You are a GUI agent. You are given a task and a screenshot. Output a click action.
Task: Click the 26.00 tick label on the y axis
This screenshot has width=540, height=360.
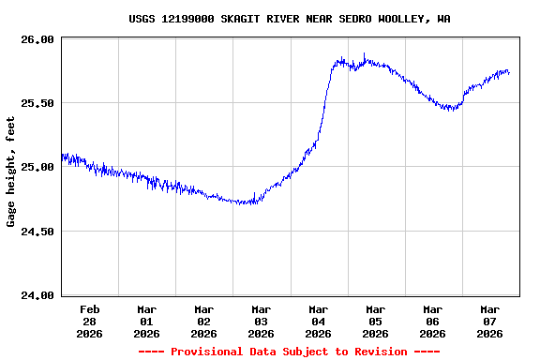click(38, 39)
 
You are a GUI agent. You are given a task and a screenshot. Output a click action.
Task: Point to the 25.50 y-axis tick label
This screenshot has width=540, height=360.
click(38, 103)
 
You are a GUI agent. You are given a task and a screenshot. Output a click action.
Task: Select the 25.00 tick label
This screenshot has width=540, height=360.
click(38, 167)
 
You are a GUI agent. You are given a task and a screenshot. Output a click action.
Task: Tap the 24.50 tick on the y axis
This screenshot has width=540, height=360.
click(38, 232)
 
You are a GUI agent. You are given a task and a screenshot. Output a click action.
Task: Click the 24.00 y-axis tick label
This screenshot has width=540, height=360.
click(38, 295)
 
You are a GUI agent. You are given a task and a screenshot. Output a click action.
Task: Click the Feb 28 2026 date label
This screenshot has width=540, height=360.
click(89, 321)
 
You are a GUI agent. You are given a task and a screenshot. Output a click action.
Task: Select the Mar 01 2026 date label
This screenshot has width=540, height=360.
click(146, 321)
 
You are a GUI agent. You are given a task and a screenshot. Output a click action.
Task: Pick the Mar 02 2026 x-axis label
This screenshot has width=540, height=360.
click(203, 321)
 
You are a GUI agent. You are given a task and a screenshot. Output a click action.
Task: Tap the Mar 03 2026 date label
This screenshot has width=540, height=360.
click(261, 321)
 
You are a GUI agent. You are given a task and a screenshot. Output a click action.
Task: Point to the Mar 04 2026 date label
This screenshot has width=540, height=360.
click(318, 321)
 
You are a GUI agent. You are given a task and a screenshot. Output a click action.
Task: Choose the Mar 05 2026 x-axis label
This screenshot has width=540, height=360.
click(375, 321)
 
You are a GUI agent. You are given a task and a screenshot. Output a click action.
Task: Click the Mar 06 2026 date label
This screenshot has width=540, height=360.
click(432, 321)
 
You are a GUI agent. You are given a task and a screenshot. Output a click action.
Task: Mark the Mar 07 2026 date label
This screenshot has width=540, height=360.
click(489, 321)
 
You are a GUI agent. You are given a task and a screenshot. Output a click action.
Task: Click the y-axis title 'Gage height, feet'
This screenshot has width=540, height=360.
click(11, 172)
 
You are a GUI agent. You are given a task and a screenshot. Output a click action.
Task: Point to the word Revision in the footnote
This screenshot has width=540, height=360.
click(374, 352)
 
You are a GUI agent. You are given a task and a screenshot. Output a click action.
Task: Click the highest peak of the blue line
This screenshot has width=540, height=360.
click(364, 54)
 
